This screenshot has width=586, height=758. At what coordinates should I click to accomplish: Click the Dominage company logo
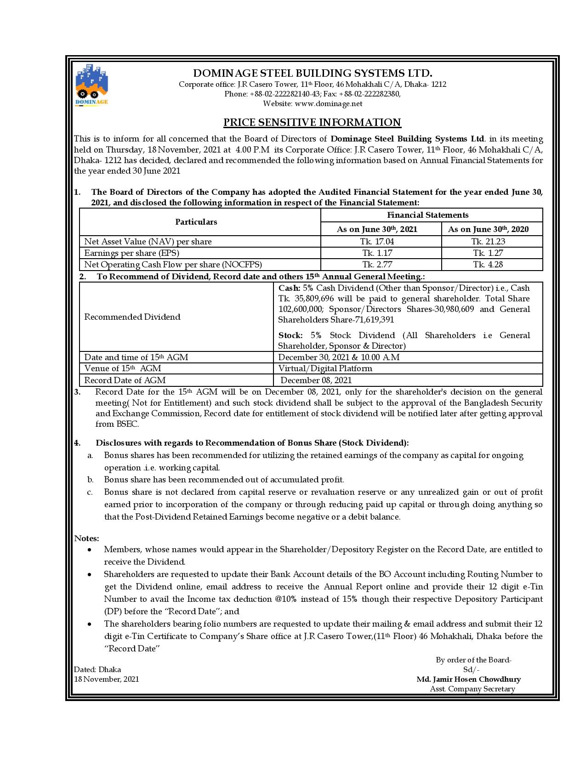[91, 85]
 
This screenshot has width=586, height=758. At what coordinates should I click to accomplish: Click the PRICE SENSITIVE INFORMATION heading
[312, 122]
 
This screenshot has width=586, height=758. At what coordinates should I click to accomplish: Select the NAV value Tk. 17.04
[378, 242]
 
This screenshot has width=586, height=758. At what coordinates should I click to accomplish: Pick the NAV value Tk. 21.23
[488, 242]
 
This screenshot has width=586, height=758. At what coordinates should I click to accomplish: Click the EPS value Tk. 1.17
[377, 253]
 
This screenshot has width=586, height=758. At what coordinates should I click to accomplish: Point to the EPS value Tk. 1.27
[488, 253]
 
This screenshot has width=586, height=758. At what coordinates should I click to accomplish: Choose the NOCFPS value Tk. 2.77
[377, 265]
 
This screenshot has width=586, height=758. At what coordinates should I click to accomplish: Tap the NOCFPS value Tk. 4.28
[488, 265]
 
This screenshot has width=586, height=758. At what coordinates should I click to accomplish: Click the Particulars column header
[196, 222]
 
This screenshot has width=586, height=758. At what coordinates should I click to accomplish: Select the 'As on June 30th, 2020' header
[488, 229]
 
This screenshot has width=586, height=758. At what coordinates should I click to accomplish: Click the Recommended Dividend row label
[132, 317]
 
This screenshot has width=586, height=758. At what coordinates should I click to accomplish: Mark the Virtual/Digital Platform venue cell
[325, 368]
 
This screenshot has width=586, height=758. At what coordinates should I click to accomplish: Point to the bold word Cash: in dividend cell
[290, 288]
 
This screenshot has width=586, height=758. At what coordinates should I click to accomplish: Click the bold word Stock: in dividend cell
[290, 335]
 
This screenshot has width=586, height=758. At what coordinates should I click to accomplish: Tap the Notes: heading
[87, 538]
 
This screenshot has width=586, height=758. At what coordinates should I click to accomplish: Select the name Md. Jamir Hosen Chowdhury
[469, 679]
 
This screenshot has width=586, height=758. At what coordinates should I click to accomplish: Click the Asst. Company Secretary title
[472, 689]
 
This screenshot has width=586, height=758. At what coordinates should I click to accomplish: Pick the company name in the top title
[313, 74]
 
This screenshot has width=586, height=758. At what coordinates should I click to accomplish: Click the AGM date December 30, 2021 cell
[339, 357]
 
